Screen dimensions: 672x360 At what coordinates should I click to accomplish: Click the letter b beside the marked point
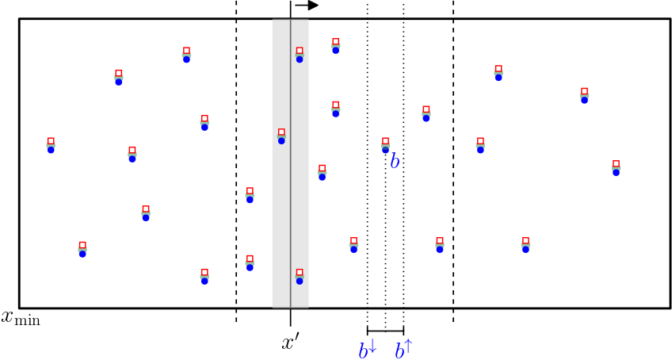click(x=395, y=162)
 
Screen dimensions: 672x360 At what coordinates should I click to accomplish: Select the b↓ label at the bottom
click(x=368, y=349)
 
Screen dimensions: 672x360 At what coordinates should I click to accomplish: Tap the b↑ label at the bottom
click(x=403, y=349)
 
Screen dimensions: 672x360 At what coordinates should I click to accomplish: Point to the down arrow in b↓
click(x=372, y=346)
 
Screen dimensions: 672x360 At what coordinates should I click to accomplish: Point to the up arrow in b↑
click(x=408, y=346)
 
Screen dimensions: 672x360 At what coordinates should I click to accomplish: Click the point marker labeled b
click(x=385, y=145)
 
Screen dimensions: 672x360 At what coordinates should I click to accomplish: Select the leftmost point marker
click(x=51, y=145)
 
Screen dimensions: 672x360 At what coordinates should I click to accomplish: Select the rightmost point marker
click(x=616, y=167)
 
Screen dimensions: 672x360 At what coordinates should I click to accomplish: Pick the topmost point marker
click(x=335, y=45)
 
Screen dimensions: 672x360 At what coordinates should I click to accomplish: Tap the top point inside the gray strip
click(x=300, y=54)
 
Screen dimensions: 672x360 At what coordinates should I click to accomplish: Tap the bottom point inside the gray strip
click(x=300, y=276)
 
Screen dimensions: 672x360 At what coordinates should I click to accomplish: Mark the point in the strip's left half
click(x=281, y=136)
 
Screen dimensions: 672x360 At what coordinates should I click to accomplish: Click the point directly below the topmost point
click(x=335, y=109)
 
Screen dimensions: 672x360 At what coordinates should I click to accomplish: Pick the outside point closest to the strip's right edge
click(x=322, y=172)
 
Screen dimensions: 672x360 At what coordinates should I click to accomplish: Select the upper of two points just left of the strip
click(x=250, y=195)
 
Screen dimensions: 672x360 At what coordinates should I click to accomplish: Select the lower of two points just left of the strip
click(x=250, y=262)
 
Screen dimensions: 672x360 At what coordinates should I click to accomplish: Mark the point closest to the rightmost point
click(x=584, y=95)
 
